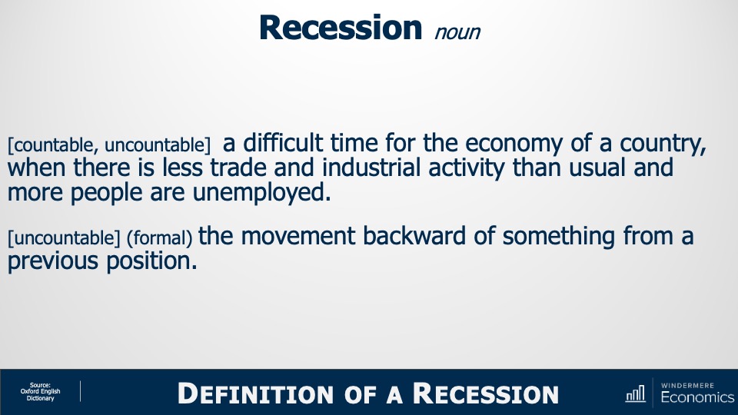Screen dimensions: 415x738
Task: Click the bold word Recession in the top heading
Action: point(341,27)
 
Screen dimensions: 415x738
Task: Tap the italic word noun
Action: point(457,32)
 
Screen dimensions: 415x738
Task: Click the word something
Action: point(559,237)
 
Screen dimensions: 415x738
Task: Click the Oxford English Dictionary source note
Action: point(40,392)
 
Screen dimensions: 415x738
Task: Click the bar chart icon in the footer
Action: point(636,394)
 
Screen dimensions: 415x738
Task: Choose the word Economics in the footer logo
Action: point(696,397)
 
